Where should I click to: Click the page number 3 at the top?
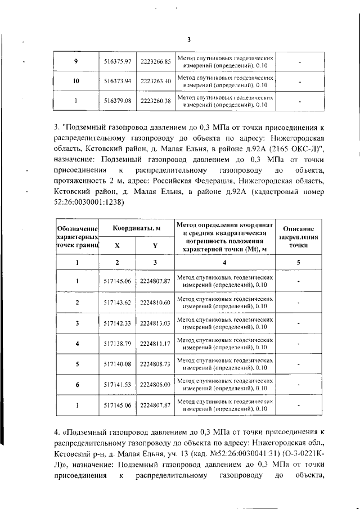(x=188, y=39)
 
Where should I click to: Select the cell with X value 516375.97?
(x=118, y=61)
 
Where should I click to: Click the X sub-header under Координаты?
(x=117, y=246)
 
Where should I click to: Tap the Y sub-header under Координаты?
(x=155, y=246)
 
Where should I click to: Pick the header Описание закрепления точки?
(x=298, y=237)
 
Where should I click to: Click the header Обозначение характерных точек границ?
(x=76, y=237)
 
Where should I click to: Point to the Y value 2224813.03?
(x=155, y=323)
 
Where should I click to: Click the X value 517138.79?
(x=118, y=344)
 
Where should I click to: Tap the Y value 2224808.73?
(x=155, y=364)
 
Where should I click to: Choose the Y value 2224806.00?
(x=155, y=384)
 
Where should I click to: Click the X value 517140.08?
(x=118, y=364)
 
